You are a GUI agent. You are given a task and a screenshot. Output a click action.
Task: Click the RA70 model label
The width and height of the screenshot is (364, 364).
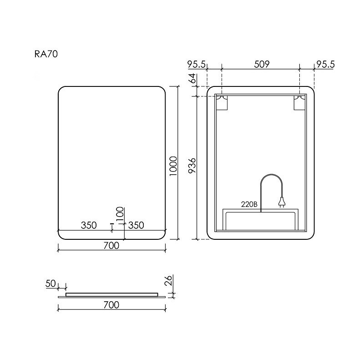pyautogui.click(x=46, y=54)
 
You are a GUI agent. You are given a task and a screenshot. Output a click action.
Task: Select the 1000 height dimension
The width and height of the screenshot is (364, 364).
pyautogui.click(x=173, y=166)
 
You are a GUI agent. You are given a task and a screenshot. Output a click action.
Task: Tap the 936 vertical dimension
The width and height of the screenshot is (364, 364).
pyautogui.click(x=192, y=166)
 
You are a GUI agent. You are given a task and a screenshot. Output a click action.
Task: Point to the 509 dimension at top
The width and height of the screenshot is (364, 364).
pyautogui.click(x=262, y=64)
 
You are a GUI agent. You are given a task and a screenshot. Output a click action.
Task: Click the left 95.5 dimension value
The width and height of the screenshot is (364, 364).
pyautogui.click(x=197, y=64)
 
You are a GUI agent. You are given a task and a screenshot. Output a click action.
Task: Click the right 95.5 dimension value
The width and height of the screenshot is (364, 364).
pyautogui.click(x=325, y=64)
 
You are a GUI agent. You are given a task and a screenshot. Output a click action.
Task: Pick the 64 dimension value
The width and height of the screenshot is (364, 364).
pyautogui.click(x=192, y=78)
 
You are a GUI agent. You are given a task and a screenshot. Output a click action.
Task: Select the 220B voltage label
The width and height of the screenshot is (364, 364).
pyautogui.click(x=249, y=204)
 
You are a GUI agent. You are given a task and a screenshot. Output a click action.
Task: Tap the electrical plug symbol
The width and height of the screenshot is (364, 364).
pyautogui.click(x=282, y=202)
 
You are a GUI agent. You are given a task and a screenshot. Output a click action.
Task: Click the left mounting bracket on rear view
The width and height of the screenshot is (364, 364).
pyautogui.click(x=222, y=102)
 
